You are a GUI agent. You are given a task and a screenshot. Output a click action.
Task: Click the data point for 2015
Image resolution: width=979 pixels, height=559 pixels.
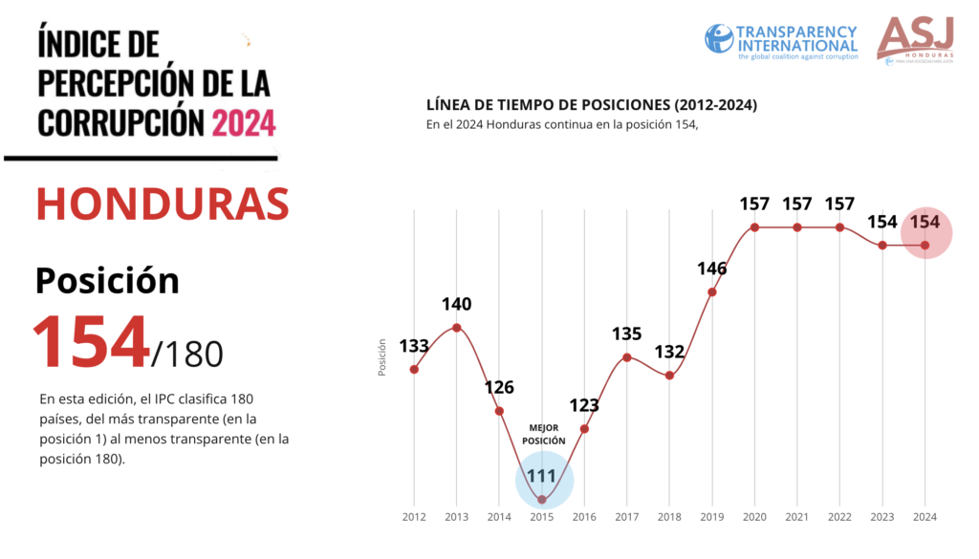[x=542, y=499]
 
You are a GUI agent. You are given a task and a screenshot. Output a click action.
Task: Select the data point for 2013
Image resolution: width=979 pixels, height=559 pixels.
[x=457, y=328]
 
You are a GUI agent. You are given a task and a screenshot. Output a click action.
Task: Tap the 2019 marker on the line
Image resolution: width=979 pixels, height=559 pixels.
[x=712, y=291]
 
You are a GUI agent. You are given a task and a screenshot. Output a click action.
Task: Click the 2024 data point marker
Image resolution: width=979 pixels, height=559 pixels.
[x=925, y=246]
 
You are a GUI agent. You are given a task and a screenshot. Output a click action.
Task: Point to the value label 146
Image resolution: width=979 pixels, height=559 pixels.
[x=712, y=269]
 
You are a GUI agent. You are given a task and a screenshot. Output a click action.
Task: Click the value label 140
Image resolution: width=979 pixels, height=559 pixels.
[x=456, y=305]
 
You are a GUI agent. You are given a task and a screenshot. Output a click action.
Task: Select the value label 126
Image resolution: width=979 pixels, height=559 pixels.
[x=499, y=387]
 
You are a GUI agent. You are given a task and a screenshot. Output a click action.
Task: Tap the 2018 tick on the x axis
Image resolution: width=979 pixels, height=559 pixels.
[x=669, y=517]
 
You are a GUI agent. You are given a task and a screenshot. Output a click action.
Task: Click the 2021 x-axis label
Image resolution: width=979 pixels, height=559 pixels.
[x=797, y=517]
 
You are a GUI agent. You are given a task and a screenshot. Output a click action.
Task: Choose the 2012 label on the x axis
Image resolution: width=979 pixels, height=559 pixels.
[x=414, y=517]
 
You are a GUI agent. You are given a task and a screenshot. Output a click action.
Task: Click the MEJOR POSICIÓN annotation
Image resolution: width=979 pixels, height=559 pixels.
[x=543, y=434]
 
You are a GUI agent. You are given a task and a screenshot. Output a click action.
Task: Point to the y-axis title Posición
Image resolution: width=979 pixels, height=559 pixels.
[x=382, y=356]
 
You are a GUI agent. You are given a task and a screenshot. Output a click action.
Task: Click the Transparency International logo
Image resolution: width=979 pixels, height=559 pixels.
[x=781, y=40]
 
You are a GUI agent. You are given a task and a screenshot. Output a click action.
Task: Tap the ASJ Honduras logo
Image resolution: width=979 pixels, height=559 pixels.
[x=915, y=40]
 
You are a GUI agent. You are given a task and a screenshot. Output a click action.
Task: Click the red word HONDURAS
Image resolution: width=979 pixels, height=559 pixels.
[x=163, y=203]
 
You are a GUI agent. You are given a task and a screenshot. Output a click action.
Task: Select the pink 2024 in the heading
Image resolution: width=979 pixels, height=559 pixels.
[x=244, y=122]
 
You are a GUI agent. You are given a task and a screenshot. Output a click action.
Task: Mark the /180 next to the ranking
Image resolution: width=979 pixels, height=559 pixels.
[x=187, y=354]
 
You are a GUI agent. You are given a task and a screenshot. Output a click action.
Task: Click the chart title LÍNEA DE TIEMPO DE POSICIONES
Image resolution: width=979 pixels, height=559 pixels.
[x=586, y=103]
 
